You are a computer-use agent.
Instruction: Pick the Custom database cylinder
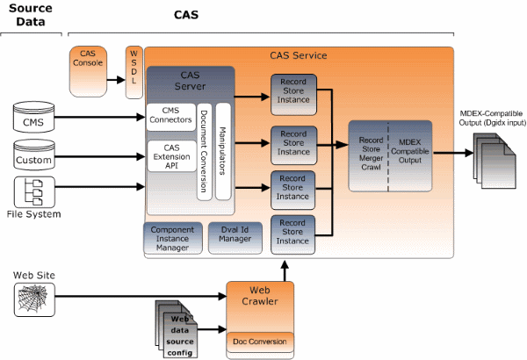pos(34,157)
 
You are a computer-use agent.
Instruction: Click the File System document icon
pos(34,191)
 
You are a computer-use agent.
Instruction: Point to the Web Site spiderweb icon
pos(34,299)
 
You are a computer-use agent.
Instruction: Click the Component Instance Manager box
pos(172,238)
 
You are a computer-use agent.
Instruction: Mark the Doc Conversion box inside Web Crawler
pos(259,341)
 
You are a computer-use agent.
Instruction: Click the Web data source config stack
pos(179,330)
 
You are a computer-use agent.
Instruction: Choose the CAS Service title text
pos(298,55)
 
